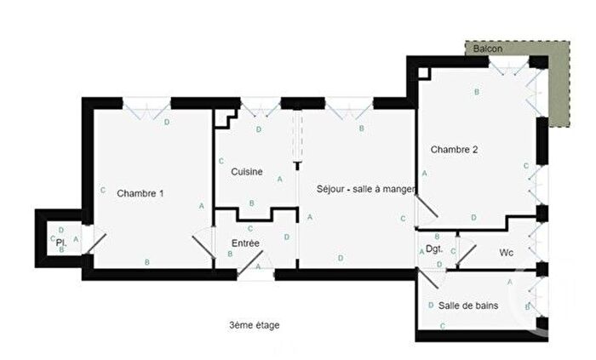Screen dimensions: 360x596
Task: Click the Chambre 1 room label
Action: click(x=140, y=193)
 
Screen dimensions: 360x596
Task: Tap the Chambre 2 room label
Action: click(x=454, y=150)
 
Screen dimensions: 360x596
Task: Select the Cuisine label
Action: click(x=246, y=172)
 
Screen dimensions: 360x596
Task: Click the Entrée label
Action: click(x=245, y=243)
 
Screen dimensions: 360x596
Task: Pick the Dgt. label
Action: click(x=434, y=249)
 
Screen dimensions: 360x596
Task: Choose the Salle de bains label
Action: click(x=468, y=305)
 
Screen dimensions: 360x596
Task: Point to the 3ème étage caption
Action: click(x=254, y=325)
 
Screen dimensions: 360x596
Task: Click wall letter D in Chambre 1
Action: click(x=166, y=123)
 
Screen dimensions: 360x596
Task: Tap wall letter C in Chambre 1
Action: click(x=102, y=190)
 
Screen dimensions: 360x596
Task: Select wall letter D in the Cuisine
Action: click(x=259, y=129)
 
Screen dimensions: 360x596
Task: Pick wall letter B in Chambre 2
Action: click(x=477, y=92)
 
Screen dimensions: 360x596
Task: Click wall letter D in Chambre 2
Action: click(x=473, y=214)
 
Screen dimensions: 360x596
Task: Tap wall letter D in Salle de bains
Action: click(x=431, y=305)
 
